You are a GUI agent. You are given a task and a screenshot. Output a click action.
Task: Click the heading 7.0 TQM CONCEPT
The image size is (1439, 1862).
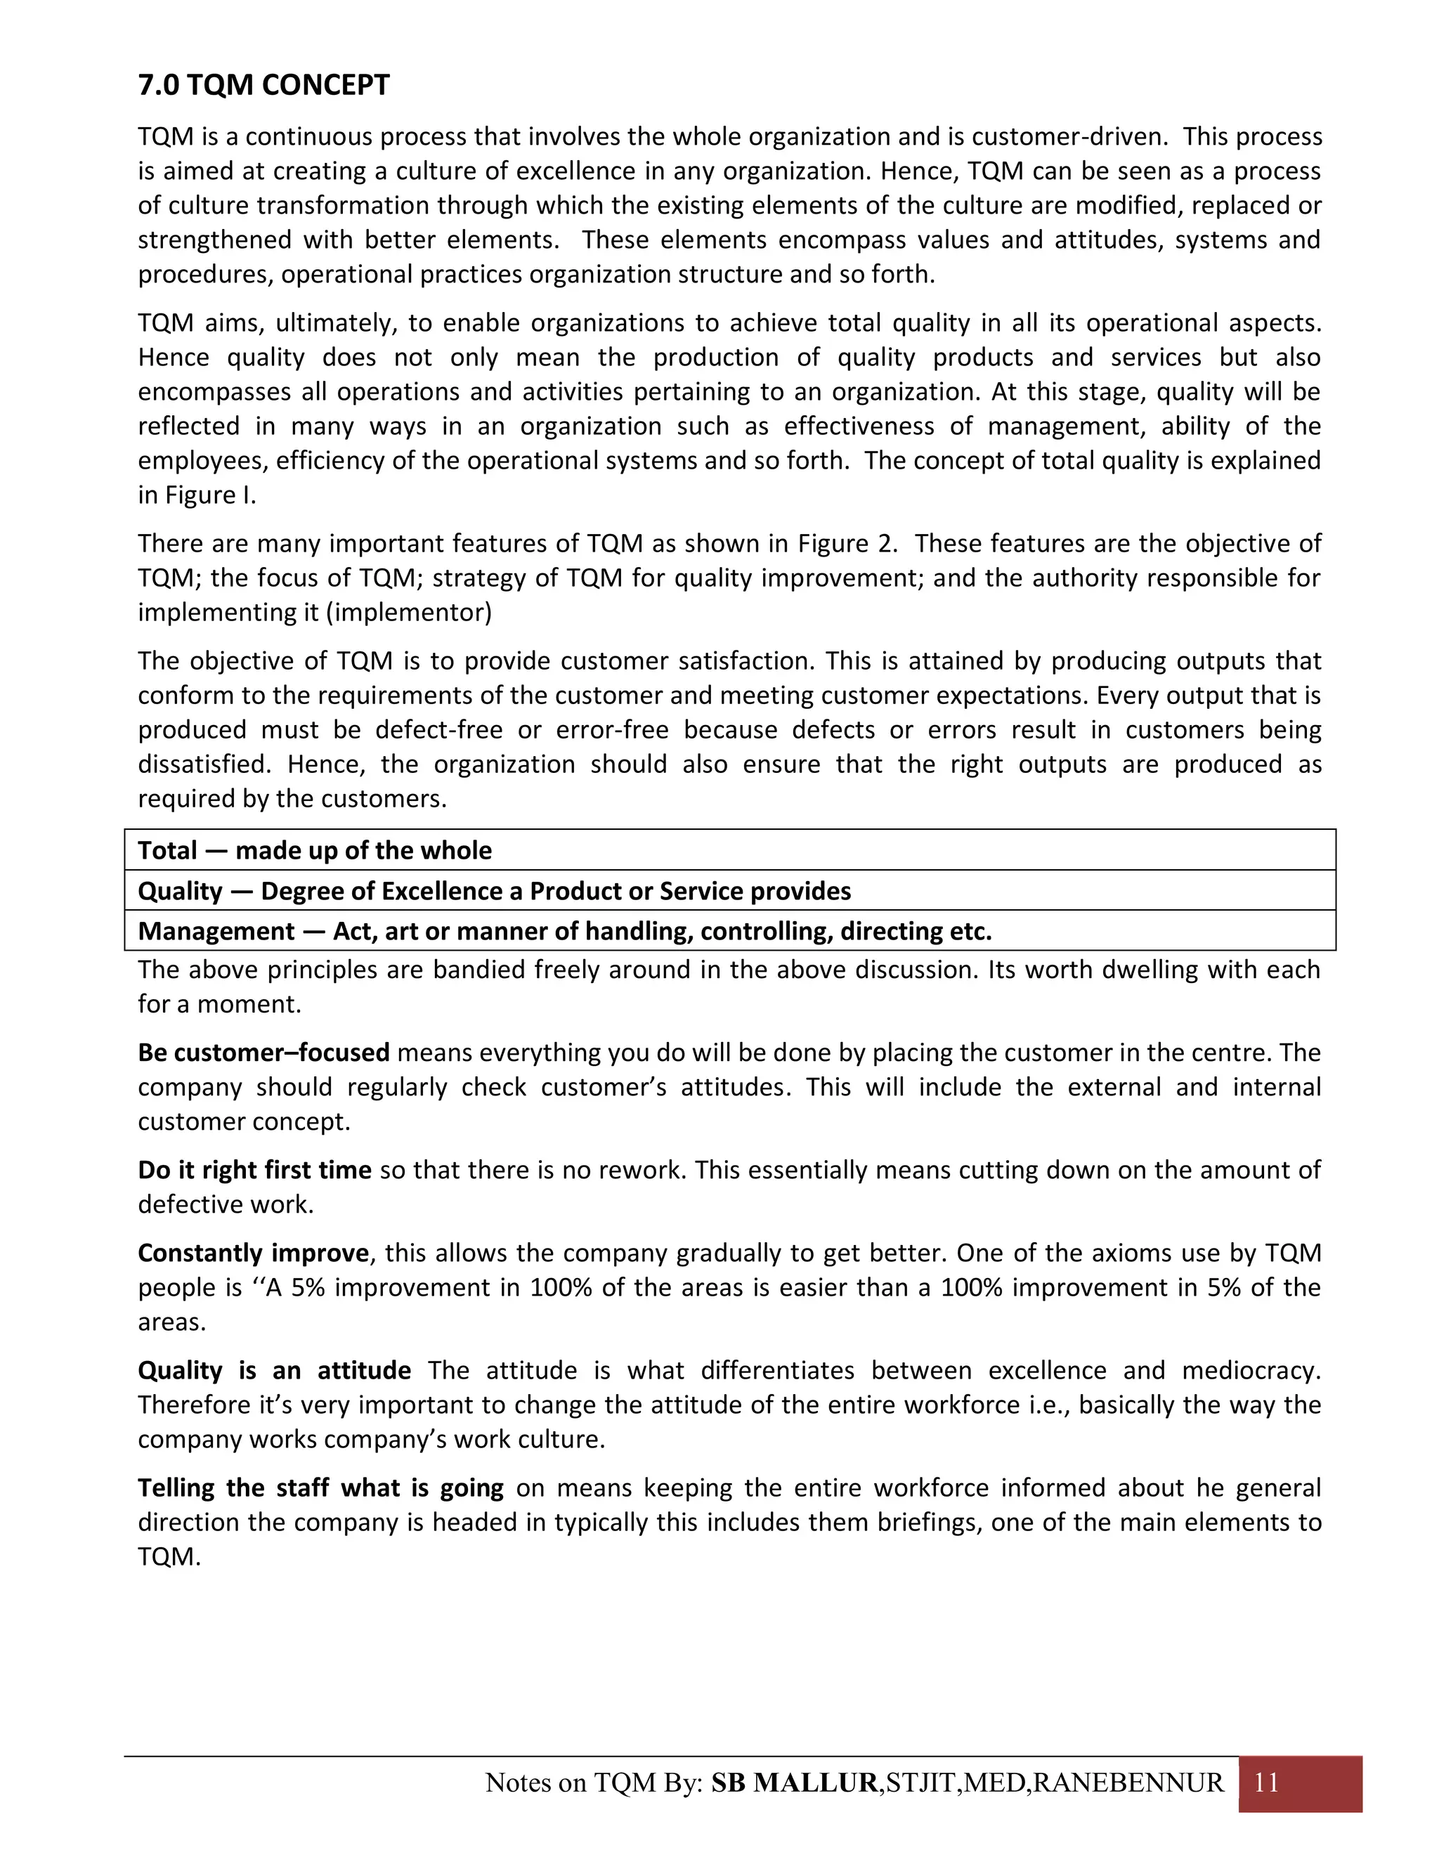pyautogui.click(x=263, y=85)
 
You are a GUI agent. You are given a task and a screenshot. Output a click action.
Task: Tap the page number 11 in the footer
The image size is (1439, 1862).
pyautogui.click(x=1266, y=1782)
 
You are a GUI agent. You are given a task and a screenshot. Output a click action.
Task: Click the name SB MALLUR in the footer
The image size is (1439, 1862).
pyautogui.click(x=794, y=1783)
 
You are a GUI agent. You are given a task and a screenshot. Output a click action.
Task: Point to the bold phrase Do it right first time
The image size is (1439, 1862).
pyautogui.click(x=254, y=1170)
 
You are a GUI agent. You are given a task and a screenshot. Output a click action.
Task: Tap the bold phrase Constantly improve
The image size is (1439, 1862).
pyautogui.click(x=253, y=1252)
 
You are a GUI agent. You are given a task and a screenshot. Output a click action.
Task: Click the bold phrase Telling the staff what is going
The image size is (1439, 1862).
pyautogui.click(x=320, y=1487)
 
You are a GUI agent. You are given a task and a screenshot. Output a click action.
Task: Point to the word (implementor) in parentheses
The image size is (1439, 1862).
pyautogui.click(x=409, y=612)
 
